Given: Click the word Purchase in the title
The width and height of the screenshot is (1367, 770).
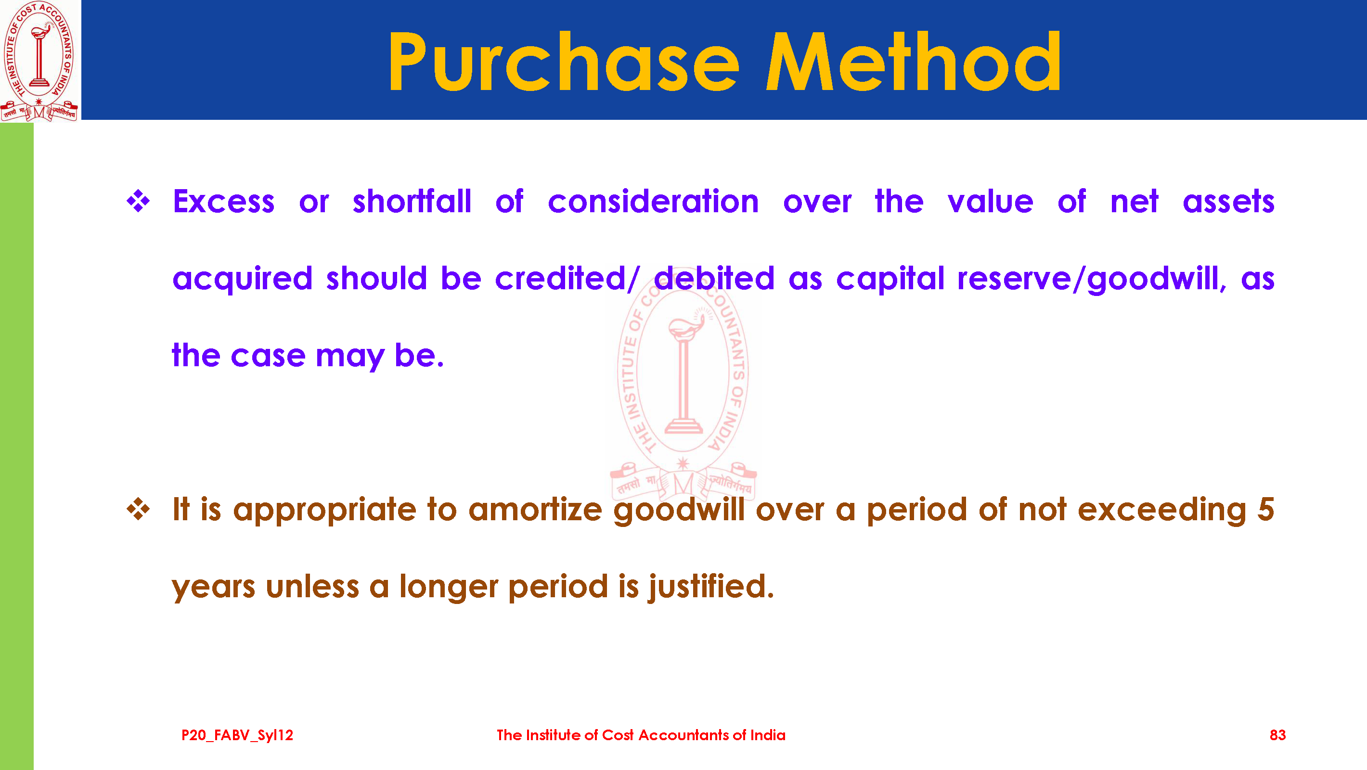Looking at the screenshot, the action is pyautogui.click(x=564, y=62).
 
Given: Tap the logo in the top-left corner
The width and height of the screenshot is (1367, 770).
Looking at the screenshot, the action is pyautogui.click(x=39, y=61).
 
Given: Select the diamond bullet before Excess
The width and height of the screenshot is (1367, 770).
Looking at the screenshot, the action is pyautogui.click(x=138, y=202).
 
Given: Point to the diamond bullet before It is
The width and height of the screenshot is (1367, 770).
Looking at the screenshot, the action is pyautogui.click(x=138, y=510).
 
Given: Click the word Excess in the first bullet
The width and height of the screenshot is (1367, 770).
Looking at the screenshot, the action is pyautogui.click(x=223, y=201).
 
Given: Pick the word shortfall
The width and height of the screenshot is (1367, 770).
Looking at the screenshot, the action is pyautogui.click(x=412, y=201).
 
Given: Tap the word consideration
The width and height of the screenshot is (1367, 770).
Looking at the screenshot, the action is pyautogui.click(x=653, y=201).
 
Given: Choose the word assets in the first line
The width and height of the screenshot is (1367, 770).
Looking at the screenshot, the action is pyautogui.click(x=1228, y=202).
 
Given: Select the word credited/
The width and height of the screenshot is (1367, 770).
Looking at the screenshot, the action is pyautogui.click(x=567, y=279).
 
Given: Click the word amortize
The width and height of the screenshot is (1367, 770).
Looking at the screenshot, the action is pyautogui.click(x=535, y=510).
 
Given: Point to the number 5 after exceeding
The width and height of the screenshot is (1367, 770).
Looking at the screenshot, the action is pyautogui.click(x=1265, y=510).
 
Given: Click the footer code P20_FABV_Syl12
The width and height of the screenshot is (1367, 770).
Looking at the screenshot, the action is pyautogui.click(x=237, y=735).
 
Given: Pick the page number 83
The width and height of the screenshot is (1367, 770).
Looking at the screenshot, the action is pyautogui.click(x=1277, y=735).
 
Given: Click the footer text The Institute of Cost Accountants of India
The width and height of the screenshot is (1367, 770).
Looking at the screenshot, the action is pyautogui.click(x=641, y=735).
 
